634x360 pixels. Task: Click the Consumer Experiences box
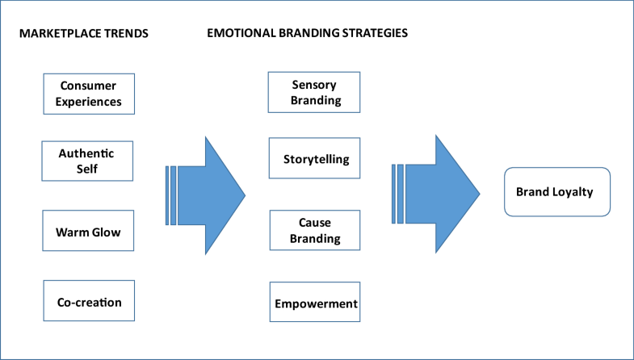coord(88,94)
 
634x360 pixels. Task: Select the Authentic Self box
coord(88,161)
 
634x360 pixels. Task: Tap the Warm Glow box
coord(88,232)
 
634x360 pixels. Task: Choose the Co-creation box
coord(88,302)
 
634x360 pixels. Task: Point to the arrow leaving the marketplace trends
coord(206,194)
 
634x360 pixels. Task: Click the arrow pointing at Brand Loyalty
coord(436,194)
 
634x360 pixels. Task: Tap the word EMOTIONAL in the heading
coord(242,34)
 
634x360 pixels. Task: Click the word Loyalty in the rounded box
coord(575,192)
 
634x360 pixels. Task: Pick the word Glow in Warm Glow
coord(105,232)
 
